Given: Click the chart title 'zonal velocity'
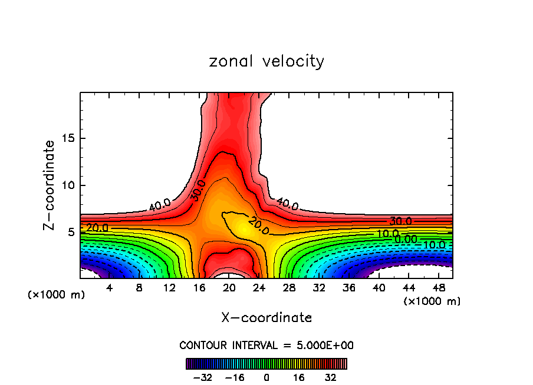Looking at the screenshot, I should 266,61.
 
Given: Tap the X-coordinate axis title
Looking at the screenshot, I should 266,318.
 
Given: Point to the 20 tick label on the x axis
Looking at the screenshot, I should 229,288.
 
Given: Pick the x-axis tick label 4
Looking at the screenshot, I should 110,288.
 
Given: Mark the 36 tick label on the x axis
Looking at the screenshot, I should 348,288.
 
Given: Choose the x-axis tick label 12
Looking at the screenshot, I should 170,288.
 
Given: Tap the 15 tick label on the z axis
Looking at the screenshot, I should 67,139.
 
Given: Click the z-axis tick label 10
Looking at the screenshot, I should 67,185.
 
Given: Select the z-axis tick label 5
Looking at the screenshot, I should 71,232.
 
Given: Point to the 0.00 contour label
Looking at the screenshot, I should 406,239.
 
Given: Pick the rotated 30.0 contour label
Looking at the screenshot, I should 198,190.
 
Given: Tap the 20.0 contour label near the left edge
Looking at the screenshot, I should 97,228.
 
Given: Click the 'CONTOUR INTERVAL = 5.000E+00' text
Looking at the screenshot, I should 266,345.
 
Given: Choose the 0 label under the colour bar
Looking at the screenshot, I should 266,377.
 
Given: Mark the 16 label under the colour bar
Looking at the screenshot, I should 298,377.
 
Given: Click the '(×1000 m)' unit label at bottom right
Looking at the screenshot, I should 432,301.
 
